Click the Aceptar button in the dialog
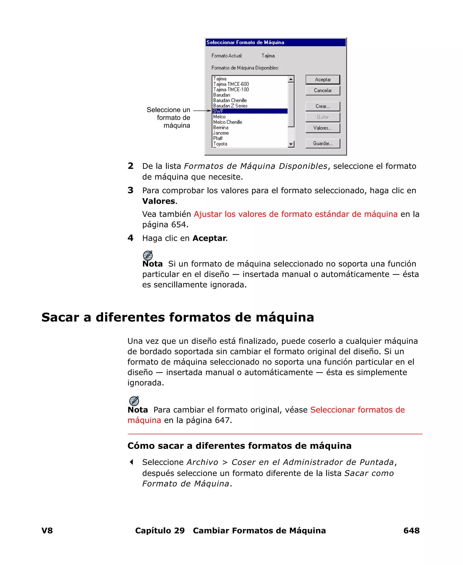pos(323,79)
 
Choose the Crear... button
pos(323,106)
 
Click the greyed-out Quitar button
pos(323,117)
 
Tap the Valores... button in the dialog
pos(323,128)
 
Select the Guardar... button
pos(323,143)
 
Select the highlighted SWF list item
pos(250,111)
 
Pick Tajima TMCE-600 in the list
pos(231,84)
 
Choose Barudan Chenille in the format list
pos(230,100)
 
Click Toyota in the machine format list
pos(220,144)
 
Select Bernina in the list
pos(221,128)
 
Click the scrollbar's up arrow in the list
pos(291,79)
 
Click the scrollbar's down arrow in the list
pos(291,144)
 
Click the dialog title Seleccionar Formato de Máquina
pos(245,43)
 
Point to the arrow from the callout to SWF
pos(202,110)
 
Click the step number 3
pos(130,190)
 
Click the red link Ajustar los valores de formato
pos(295,214)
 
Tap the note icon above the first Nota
pos(148,255)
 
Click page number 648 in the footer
pos(411,531)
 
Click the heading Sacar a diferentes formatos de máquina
pos(178,317)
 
